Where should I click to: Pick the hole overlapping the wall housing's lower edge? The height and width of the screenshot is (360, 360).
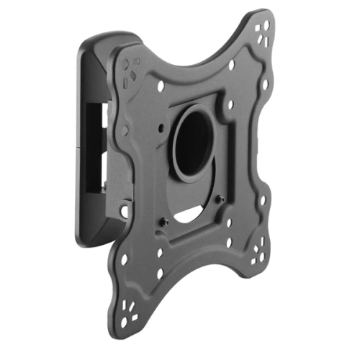[x=123, y=211]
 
